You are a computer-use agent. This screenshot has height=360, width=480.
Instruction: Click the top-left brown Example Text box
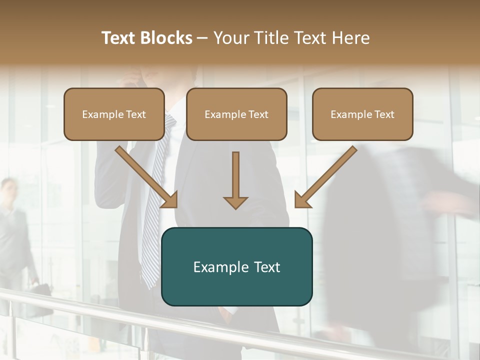[114, 114]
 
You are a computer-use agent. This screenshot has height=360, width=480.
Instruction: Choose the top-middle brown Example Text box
[236, 114]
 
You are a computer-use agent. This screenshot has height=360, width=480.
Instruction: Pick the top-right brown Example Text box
[362, 114]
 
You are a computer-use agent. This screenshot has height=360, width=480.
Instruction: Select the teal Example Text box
[236, 266]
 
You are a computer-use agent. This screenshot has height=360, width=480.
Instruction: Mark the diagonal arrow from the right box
[325, 177]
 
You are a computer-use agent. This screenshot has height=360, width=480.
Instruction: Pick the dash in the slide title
[202, 38]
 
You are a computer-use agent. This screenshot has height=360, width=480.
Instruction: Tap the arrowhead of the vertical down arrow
[235, 202]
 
